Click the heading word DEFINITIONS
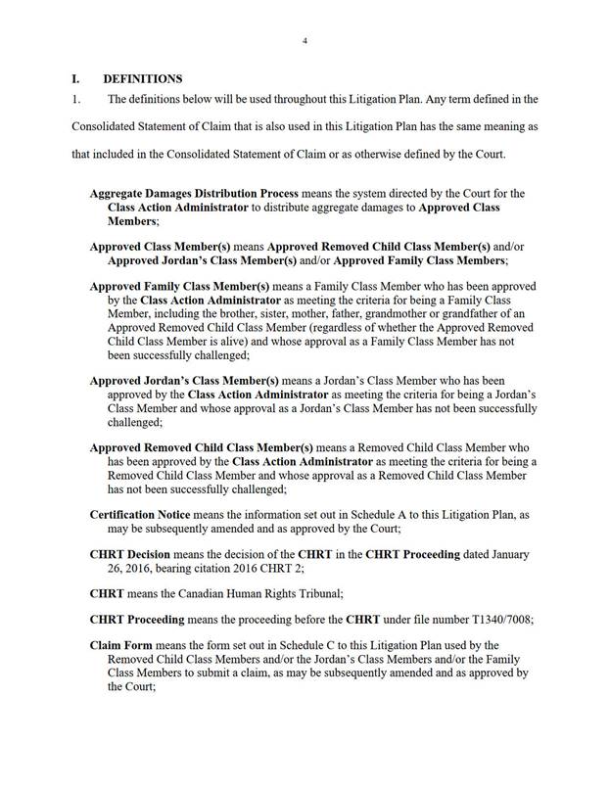point(143,78)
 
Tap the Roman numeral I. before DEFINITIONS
point(77,78)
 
